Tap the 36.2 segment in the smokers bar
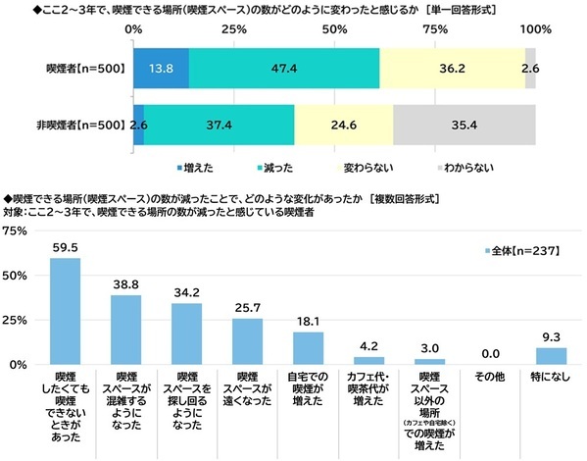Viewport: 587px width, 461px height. click(452, 69)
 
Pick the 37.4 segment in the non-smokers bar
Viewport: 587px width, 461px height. click(219, 125)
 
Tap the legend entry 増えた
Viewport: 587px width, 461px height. click(194, 169)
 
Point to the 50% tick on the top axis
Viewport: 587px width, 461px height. click(334, 30)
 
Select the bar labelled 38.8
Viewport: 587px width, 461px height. click(139, 329)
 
